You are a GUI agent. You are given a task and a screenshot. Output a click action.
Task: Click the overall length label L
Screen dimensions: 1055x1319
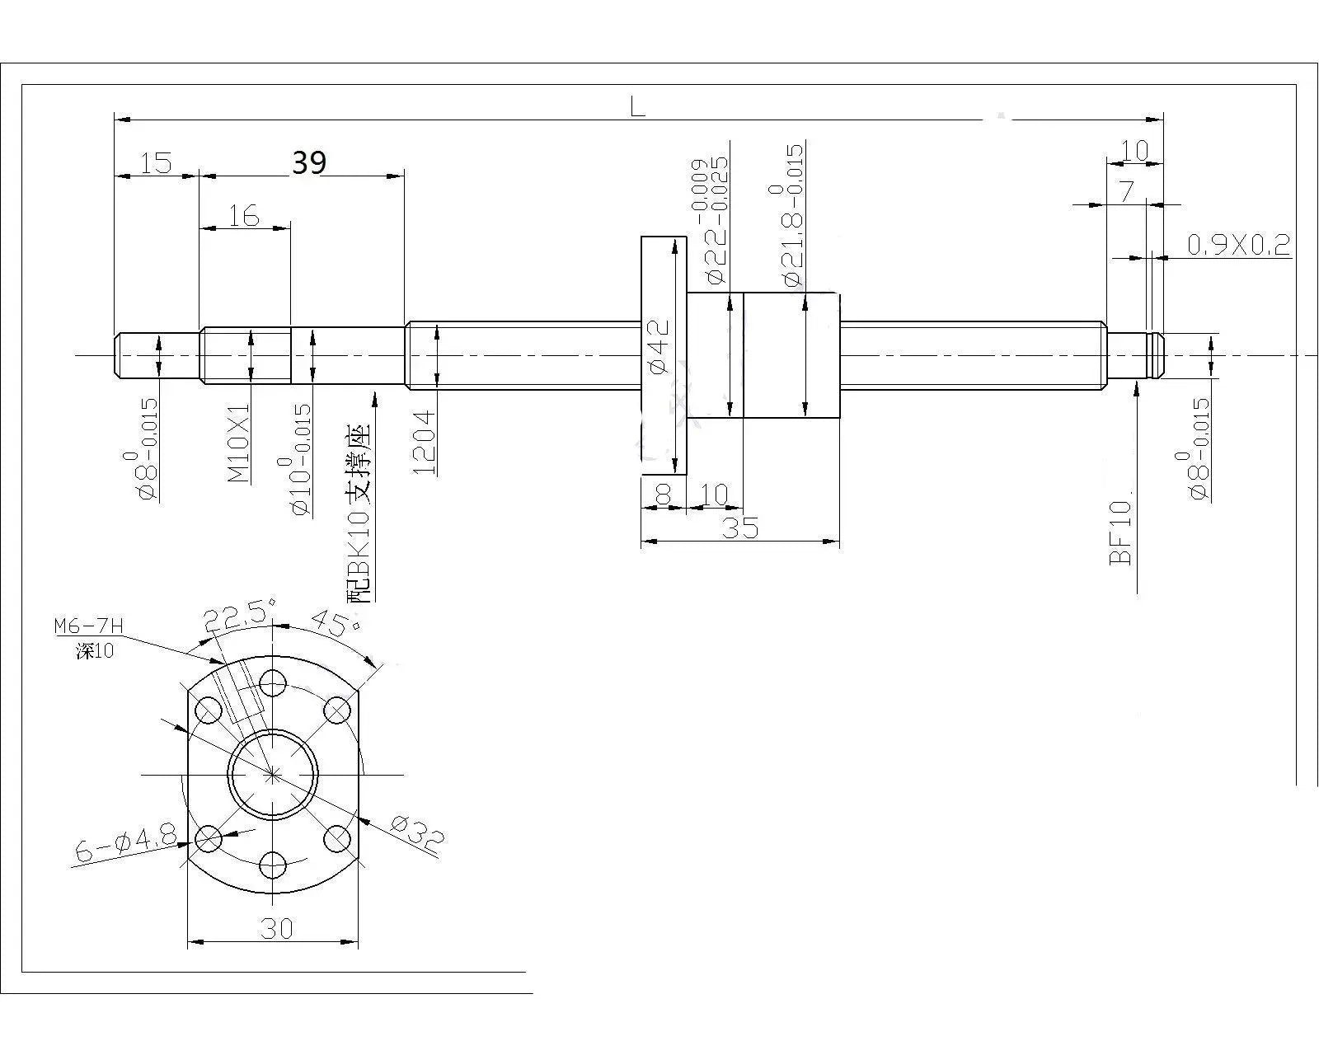pyautogui.click(x=637, y=106)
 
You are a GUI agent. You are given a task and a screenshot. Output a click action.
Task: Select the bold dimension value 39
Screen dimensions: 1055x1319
pyautogui.click(x=309, y=163)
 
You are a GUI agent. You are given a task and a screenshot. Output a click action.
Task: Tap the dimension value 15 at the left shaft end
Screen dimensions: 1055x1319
pyautogui.click(x=155, y=163)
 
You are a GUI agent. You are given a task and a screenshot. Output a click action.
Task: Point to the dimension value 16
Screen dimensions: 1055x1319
pyautogui.click(x=244, y=216)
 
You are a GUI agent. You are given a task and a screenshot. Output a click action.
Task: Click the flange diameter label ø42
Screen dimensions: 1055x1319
pyautogui.click(x=660, y=347)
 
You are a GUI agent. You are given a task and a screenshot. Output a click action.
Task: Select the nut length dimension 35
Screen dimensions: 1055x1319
pyautogui.click(x=739, y=528)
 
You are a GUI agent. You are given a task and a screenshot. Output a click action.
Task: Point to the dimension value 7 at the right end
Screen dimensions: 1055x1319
pyautogui.click(x=1127, y=192)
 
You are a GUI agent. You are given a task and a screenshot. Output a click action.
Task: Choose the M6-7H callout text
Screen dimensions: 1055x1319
pyautogui.click(x=88, y=626)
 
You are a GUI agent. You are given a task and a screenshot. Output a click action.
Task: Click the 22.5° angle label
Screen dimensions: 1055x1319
pyautogui.click(x=234, y=618)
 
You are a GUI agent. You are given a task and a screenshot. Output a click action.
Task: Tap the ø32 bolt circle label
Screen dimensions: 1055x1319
pyautogui.click(x=416, y=832)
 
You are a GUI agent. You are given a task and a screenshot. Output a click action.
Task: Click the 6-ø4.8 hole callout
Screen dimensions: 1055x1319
pyautogui.click(x=126, y=846)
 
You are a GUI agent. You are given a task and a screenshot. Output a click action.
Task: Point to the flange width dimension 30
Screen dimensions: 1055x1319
pyautogui.click(x=275, y=929)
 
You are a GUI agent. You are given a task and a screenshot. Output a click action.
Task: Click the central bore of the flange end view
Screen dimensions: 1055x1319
pyautogui.click(x=273, y=773)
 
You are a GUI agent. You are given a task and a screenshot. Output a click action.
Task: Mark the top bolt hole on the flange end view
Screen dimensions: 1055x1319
pyautogui.click(x=273, y=682)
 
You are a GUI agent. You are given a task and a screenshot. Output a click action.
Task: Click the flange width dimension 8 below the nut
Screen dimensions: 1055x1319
pyautogui.click(x=663, y=495)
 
